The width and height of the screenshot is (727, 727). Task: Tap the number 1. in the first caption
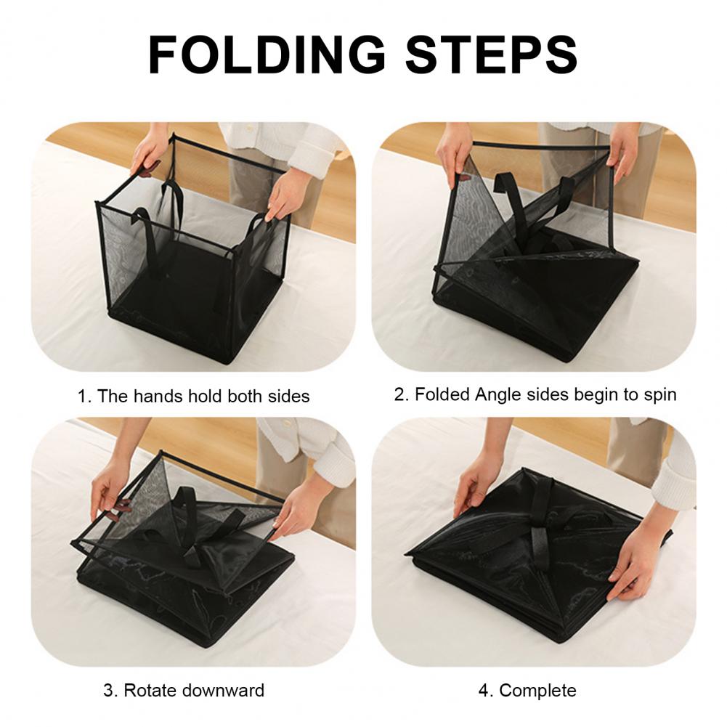tap(84, 397)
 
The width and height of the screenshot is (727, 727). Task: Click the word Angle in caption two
tap(500, 394)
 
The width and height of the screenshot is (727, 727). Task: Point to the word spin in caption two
tap(659, 395)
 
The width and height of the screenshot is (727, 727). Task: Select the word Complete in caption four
tap(538, 690)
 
